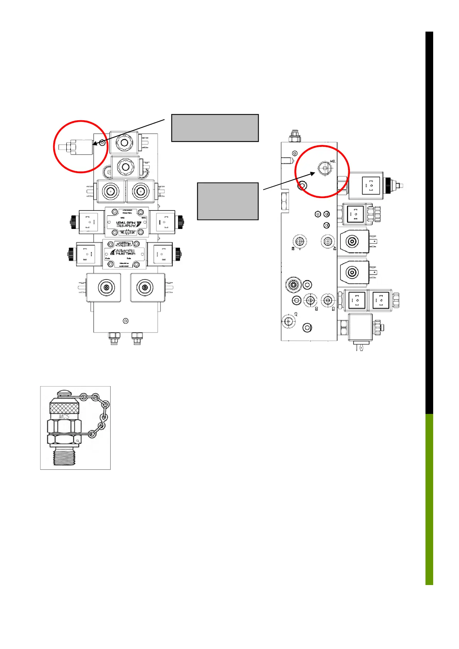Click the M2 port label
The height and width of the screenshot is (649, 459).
tap(333, 161)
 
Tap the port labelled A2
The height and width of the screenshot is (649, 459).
tap(328, 242)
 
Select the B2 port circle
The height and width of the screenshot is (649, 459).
tap(299, 242)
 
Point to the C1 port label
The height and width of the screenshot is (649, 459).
tap(296, 314)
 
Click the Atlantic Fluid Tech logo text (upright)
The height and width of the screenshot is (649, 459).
tap(125, 252)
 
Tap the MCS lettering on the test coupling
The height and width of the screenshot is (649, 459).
tap(64, 417)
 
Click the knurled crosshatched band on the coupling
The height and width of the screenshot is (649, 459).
tap(64, 407)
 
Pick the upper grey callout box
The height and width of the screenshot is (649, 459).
tap(215, 128)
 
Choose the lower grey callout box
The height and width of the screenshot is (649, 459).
tap(227, 201)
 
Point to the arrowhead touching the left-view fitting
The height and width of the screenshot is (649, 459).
tap(95, 144)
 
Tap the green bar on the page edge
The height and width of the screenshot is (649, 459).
tap(429, 499)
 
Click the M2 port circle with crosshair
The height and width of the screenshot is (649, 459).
tap(324, 168)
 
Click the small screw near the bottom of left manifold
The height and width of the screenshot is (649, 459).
tap(125, 321)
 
